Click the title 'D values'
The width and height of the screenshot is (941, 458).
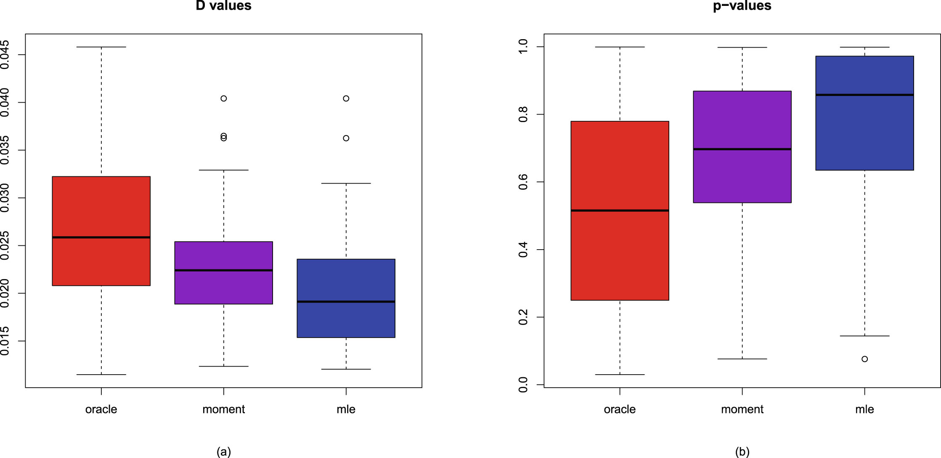coord(223,5)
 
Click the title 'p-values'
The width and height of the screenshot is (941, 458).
coord(742,5)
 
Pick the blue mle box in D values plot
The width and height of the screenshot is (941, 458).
coord(346,320)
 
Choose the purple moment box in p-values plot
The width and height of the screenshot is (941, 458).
coord(742,177)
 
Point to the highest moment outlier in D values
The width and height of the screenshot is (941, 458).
coord(224,99)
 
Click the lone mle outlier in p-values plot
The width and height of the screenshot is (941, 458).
coord(864,359)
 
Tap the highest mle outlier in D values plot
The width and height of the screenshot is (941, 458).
coord(346,99)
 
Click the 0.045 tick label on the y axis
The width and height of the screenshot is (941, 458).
coord(5,55)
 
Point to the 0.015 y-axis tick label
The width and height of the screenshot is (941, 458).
coord(5,341)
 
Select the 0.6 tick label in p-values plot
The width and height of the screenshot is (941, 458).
coord(523,182)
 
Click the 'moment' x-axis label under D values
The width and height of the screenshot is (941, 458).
coord(223,409)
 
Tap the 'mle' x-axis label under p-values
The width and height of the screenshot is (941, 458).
coord(864,409)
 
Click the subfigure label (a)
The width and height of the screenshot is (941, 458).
coord(223,452)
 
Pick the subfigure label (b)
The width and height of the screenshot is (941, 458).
coord(742,452)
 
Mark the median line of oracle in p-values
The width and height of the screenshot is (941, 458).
coord(620,210)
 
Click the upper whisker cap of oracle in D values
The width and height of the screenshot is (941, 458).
coord(101,47)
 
